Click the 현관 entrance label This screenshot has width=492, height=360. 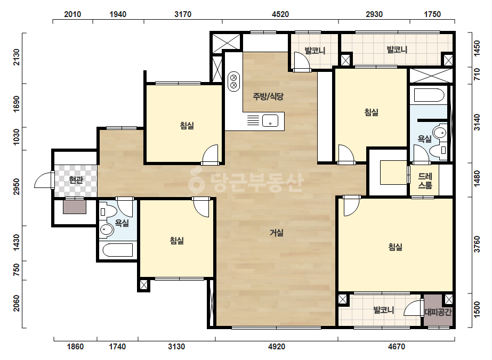[76, 180]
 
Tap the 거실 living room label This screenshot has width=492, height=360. [277, 233]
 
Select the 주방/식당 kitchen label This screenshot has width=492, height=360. [268, 96]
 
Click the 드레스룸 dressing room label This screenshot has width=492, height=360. [425, 181]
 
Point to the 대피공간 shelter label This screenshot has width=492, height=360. [438, 312]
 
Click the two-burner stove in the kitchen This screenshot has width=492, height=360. [234, 81]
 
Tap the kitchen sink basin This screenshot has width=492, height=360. [270, 120]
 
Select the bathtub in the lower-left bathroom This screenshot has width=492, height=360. [118, 250]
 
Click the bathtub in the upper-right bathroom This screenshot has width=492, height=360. [429, 95]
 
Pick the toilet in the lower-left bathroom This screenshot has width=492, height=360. [106, 211]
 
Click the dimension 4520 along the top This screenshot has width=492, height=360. [280, 14]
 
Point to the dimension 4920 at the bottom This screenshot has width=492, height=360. [277, 347]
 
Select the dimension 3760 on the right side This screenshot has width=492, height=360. [477, 244]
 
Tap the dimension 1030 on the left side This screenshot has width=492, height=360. [16, 137]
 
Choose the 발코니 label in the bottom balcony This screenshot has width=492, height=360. [383, 310]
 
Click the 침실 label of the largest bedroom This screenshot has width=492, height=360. [395, 247]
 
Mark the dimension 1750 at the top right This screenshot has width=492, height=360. [432, 14]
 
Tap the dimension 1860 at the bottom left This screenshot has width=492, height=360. [75, 347]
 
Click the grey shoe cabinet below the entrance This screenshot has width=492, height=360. [75, 207]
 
